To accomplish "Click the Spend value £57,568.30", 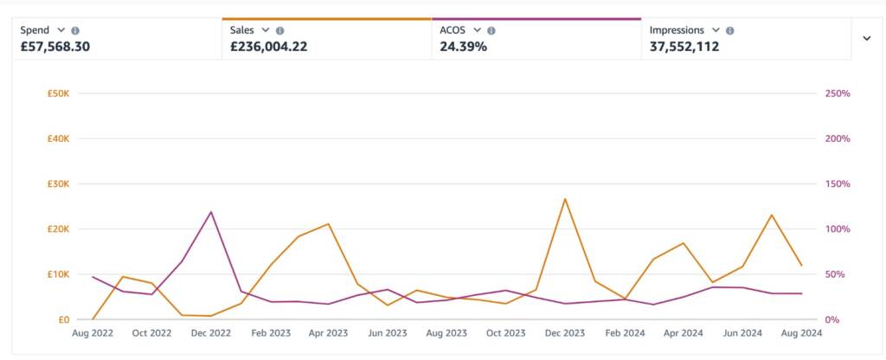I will pos(55,47).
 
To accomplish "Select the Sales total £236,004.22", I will pos(268,47).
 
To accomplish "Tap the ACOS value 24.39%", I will pos(463,47).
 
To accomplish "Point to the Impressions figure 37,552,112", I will pos(684,47).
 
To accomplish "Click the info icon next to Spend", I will pos(75,30).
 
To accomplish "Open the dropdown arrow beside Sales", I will pos(266,30).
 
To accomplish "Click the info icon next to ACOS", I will pos(489,30).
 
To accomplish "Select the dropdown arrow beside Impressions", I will pos(716,30).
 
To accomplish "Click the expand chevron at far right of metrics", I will pos(866,38).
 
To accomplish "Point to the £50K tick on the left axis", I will pos(59,93).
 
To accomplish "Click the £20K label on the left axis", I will pos(59,229).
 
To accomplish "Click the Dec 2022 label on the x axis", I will pos(210,332).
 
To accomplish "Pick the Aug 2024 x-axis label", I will pos(800,332).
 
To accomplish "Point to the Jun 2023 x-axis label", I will pos(387,332).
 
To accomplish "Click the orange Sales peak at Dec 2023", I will pos(565,199).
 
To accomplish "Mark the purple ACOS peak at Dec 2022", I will pos(210,212).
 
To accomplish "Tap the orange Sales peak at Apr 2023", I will pos(329,224).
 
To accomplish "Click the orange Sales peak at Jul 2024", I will pos(771,215).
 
